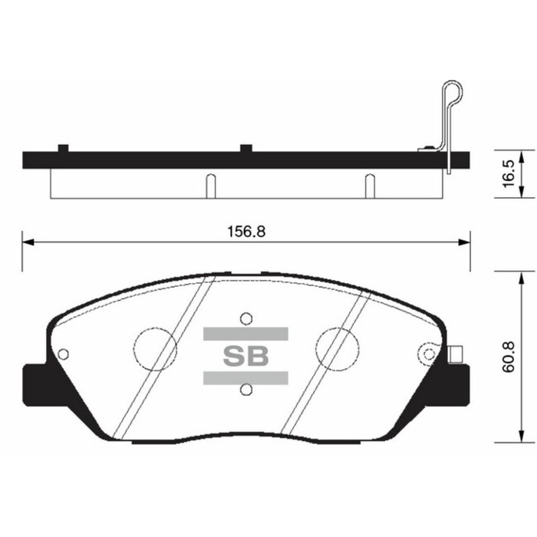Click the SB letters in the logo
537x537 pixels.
tap(245, 356)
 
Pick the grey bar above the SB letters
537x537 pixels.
tap(245, 334)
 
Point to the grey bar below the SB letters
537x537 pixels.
tap(245, 377)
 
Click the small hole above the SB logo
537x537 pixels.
tap(245, 318)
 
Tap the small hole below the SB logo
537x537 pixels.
tap(245, 390)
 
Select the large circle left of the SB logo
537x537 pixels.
tap(156, 349)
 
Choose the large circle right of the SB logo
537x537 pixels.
tap(338, 349)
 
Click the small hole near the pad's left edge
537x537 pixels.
tap(64, 354)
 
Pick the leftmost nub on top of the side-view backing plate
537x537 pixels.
tap(64, 147)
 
